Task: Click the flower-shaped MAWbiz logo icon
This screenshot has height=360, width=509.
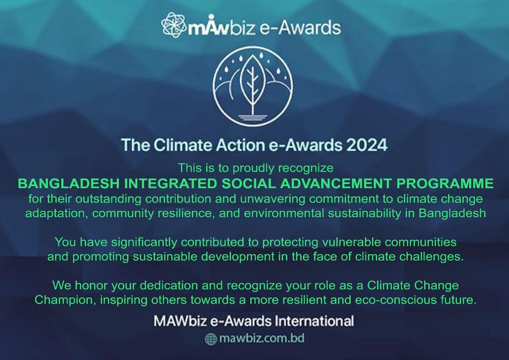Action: click(x=173, y=25)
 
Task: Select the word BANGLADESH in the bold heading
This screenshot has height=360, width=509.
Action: click(x=68, y=184)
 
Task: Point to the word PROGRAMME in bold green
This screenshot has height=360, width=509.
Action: click(x=445, y=184)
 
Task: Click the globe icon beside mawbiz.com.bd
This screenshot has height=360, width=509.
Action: click(x=211, y=339)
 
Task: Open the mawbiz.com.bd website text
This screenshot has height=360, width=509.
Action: click(x=261, y=339)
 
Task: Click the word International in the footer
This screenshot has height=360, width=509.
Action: click(x=314, y=321)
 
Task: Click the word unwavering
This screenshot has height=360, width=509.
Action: click(x=273, y=199)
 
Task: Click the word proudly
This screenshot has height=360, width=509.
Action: click(x=254, y=168)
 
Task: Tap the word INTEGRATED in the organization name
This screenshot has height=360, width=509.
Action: click(x=170, y=184)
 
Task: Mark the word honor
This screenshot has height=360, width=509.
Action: click(x=92, y=286)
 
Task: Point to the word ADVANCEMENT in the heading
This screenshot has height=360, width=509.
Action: click(x=336, y=184)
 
